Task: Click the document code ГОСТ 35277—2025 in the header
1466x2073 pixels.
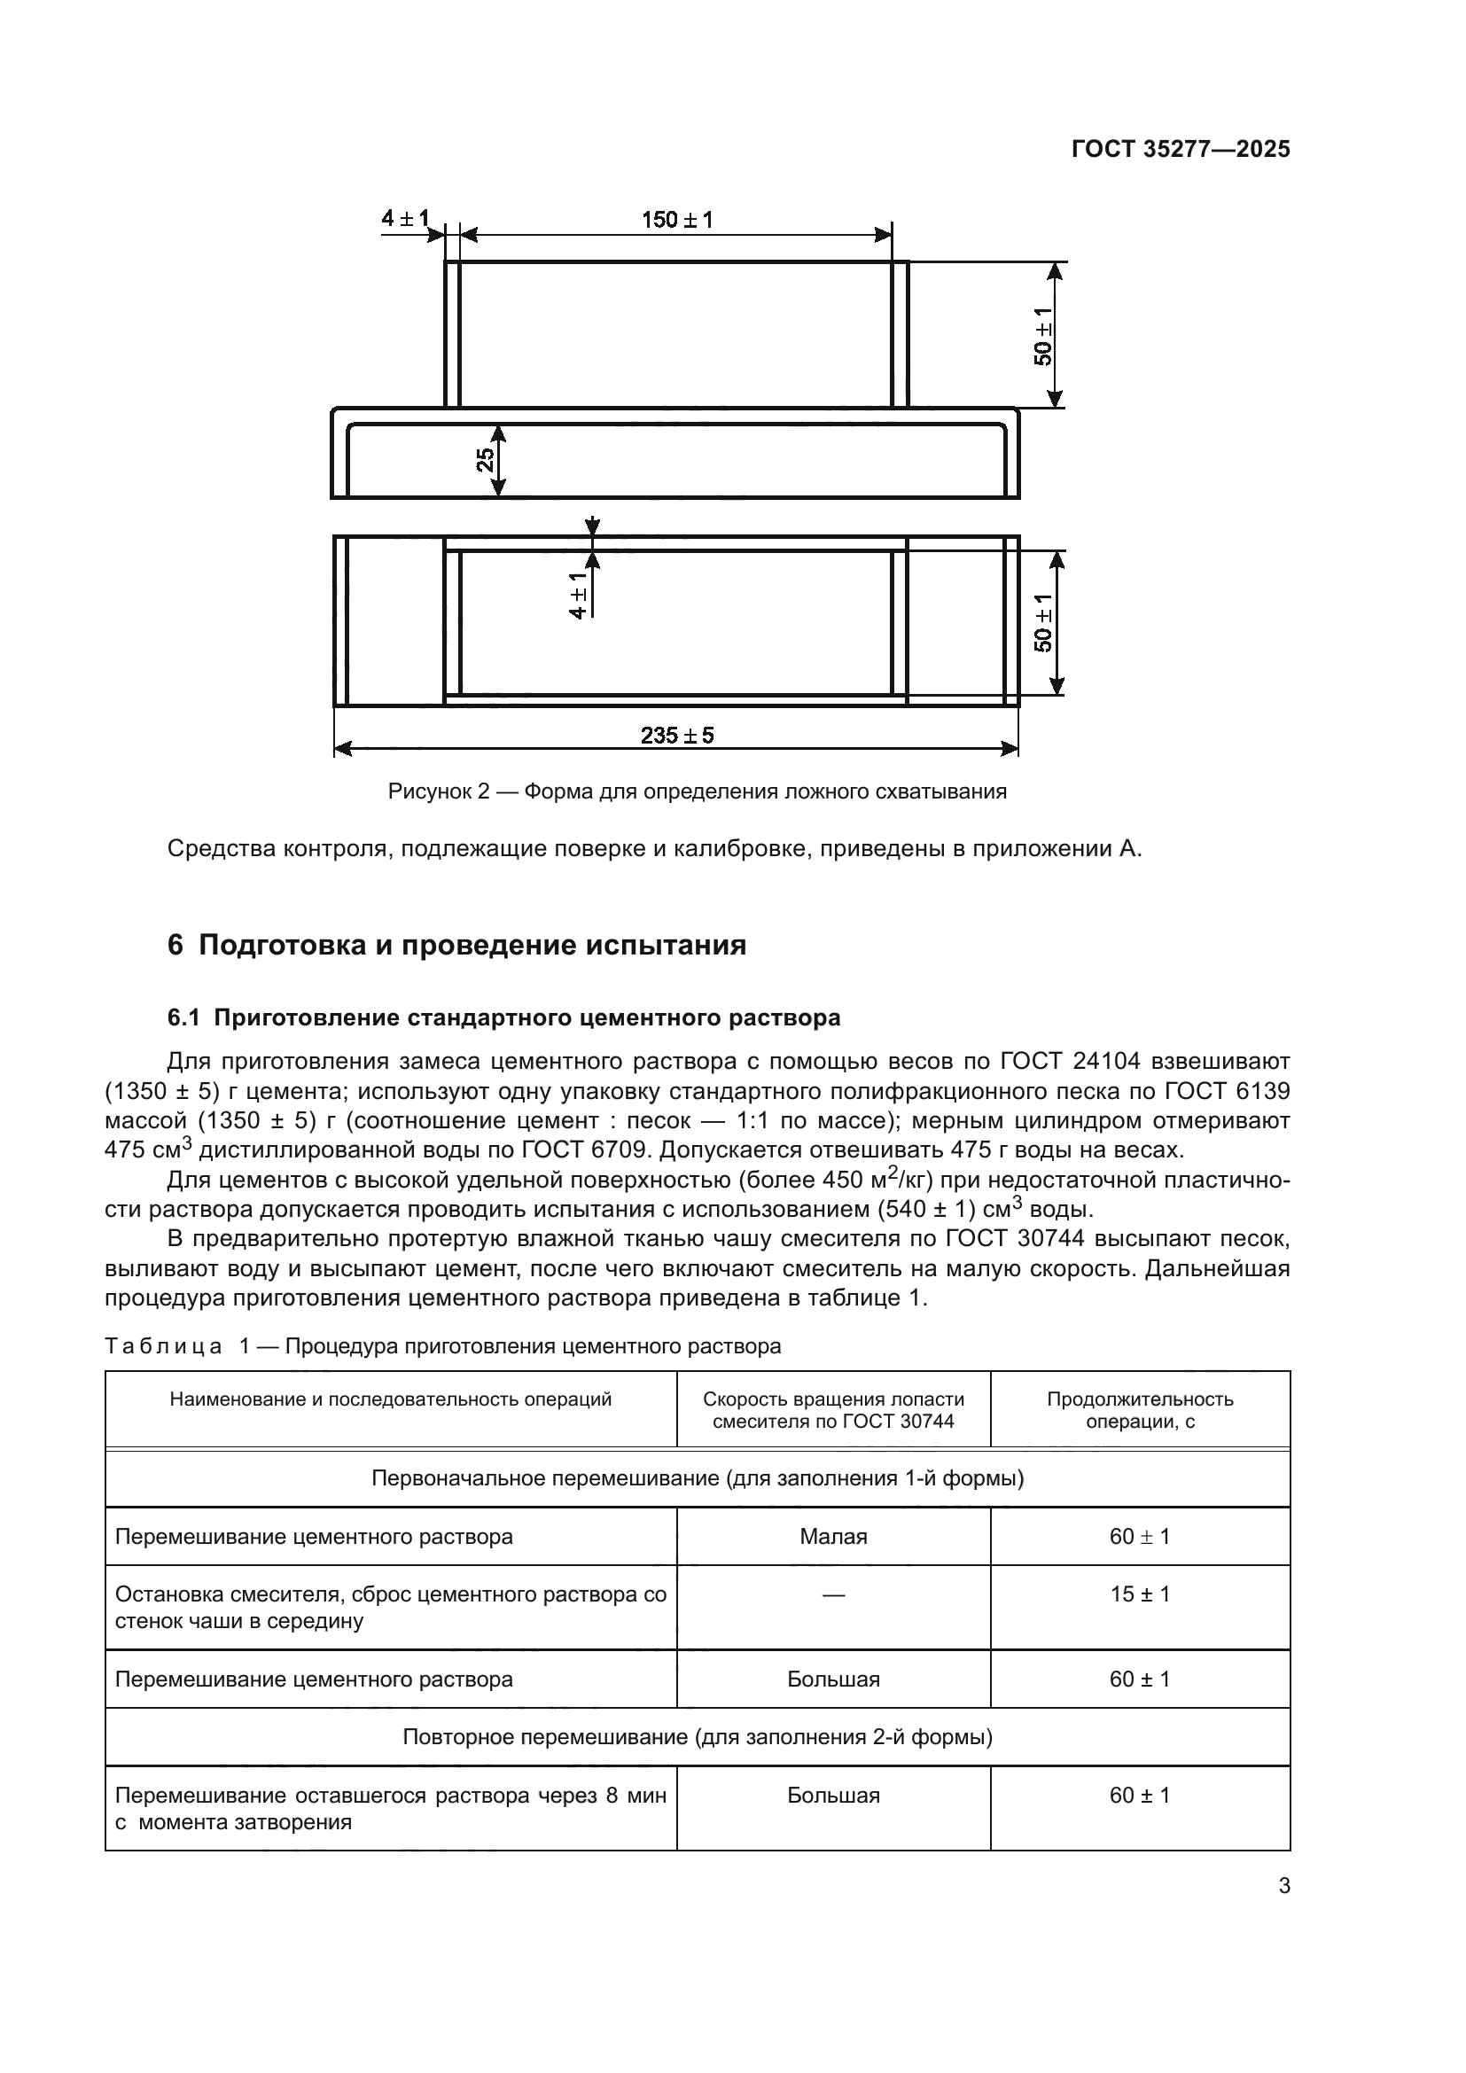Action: click(x=1180, y=149)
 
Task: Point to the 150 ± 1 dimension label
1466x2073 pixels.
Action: click(x=677, y=220)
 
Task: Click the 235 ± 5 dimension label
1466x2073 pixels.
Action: click(x=677, y=736)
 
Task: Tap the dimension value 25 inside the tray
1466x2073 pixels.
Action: click(x=486, y=461)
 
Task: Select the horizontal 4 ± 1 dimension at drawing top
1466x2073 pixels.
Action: click(x=404, y=219)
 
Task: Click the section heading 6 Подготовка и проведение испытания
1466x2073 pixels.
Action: click(x=456, y=946)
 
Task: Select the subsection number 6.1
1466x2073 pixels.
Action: click(x=183, y=1017)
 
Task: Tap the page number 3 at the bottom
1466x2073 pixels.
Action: click(x=1283, y=1885)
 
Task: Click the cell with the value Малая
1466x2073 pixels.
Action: click(x=832, y=1536)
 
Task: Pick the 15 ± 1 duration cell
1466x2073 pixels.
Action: click(x=1139, y=1594)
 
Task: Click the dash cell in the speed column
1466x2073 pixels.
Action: click(x=832, y=1595)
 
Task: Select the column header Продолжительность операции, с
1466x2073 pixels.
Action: click(x=1139, y=1409)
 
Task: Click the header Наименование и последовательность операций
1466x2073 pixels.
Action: click(x=390, y=1399)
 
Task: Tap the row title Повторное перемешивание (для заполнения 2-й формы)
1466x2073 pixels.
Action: click(x=697, y=1736)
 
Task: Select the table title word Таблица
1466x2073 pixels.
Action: click(x=163, y=1346)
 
